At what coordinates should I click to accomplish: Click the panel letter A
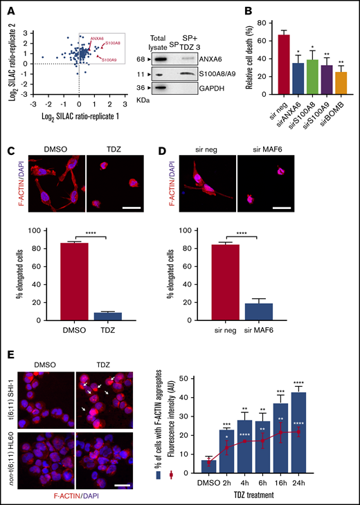11,10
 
